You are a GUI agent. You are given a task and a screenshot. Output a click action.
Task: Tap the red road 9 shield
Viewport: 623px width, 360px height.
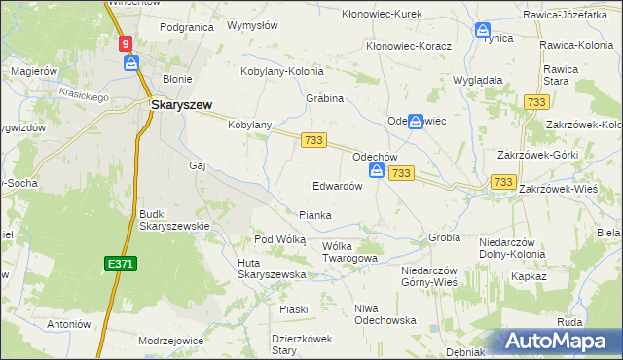pyautogui.click(x=127, y=44)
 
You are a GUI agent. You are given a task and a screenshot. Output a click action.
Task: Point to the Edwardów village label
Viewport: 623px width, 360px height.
pyautogui.click(x=338, y=186)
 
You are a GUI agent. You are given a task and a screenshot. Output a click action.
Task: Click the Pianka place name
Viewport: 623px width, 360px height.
pyautogui.click(x=314, y=215)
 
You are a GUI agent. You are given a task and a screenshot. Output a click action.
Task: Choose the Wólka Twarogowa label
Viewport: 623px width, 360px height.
pyautogui.click(x=349, y=252)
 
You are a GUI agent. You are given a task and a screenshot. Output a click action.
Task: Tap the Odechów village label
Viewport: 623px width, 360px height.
pyautogui.click(x=374, y=156)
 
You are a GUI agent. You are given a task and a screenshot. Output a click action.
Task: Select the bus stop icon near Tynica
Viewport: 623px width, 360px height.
pyautogui.click(x=482, y=30)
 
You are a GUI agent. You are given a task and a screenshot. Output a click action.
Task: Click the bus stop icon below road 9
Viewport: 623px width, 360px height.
pyautogui.click(x=131, y=63)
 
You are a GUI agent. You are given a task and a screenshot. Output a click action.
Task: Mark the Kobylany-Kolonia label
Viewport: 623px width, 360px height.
pyautogui.click(x=282, y=71)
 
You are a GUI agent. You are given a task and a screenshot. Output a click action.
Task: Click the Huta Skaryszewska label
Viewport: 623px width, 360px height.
pyautogui.click(x=272, y=274)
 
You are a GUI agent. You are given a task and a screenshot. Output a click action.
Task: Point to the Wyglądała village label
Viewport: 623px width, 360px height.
pyautogui.click(x=478, y=80)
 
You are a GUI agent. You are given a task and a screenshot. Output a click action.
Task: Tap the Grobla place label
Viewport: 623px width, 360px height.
pyautogui.click(x=443, y=236)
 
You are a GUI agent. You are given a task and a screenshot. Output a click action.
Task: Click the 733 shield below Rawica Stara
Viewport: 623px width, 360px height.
pyautogui.click(x=534, y=102)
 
